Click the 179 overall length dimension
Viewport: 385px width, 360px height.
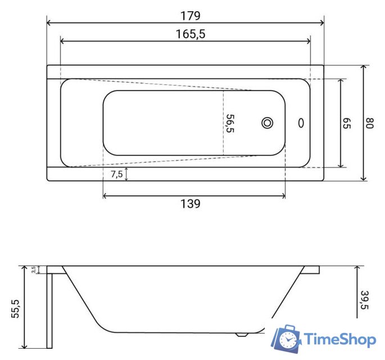(191, 16)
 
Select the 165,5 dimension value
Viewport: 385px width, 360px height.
(191, 34)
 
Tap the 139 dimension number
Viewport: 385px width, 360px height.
(191, 204)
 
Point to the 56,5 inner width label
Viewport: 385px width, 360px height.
(230, 123)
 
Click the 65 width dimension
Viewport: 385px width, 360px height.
(347, 123)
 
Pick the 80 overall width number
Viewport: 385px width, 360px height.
(369, 123)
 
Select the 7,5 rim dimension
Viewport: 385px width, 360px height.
(117, 174)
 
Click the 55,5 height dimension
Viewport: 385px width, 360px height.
(15, 309)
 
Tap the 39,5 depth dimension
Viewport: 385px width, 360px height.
(365, 300)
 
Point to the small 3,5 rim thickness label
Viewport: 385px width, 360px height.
(34, 269)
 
